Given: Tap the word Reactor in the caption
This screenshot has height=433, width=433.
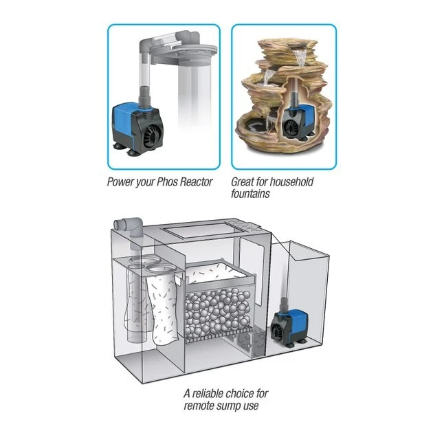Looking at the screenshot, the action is [x=197, y=181].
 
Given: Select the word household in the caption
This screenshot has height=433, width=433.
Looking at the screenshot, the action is [x=291, y=181].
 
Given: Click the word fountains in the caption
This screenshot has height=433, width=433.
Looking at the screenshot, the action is [x=250, y=194].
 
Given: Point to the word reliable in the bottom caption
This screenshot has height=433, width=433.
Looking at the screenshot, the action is [x=208, y=393].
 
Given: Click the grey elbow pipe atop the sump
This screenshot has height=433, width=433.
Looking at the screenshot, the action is [x=130, y=226].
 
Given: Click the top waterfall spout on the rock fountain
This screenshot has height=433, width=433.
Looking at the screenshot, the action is [x=300, y=54].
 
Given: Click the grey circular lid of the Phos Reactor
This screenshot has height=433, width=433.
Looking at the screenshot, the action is [x=188, y=51].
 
